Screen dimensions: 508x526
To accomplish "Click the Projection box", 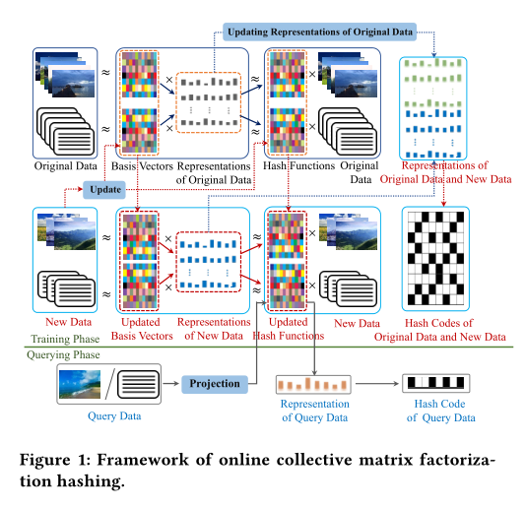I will (215, 383).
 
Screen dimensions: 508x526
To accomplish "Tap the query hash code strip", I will (434, 383).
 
